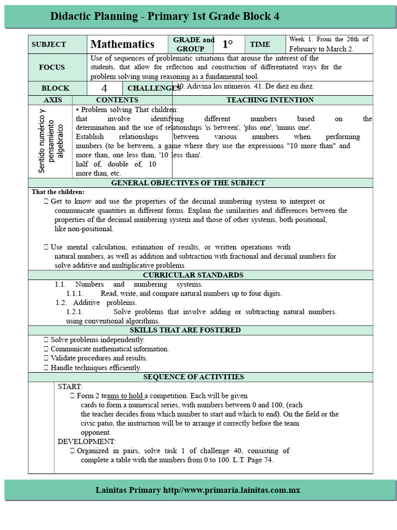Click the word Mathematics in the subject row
[123, 45]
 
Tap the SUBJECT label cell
[49, 45]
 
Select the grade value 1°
[228, 45]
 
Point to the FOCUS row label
[52, 67]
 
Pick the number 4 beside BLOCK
[104, 89]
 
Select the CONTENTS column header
[117, 100]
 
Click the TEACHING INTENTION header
[270, 100]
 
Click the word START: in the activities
[70, 387]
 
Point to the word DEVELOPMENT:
[87, 441]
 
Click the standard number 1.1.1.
[75, 293]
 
